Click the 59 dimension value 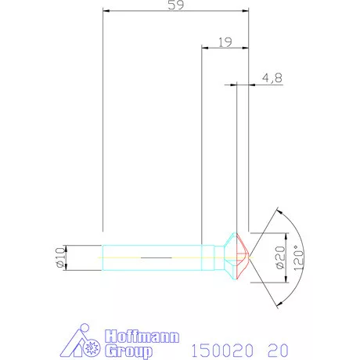coord(176,6)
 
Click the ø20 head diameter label coord(279,256)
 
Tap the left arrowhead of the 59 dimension coord(106,12)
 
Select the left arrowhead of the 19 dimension coord(205,49)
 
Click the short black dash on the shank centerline coord(154,257)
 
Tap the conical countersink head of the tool coord(233,257)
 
